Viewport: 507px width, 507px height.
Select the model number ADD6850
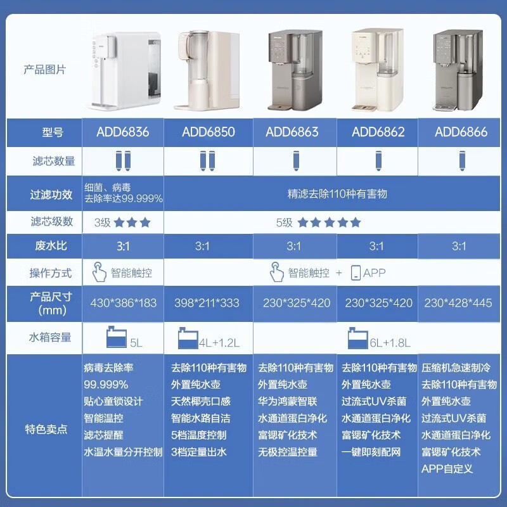(209, 132)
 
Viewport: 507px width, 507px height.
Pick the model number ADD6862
(378, 132)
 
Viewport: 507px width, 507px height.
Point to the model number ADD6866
(461, 132)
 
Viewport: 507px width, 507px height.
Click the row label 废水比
(49, 246)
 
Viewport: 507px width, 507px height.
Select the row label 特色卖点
(49, 428)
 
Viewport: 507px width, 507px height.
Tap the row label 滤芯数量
(49, 161)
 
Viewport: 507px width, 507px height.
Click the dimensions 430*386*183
(124, 303)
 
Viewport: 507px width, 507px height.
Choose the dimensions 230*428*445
(458, 303)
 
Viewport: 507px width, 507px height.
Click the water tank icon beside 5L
(117, 338)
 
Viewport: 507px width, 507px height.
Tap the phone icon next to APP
(356, 273)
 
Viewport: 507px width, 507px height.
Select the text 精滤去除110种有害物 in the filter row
(337, 193)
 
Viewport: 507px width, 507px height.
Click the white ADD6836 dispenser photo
(124, 70)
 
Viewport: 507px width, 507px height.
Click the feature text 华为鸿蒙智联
(288, 401)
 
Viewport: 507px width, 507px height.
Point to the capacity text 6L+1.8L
(390, 343)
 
